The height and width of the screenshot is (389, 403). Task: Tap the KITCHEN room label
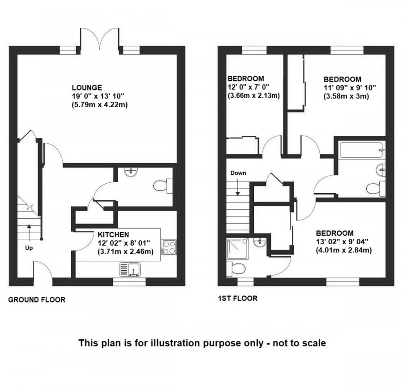[x=114, y=234]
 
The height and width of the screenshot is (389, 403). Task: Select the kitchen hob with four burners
[x=169, y=247]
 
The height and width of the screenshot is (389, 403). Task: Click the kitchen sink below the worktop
[x=130, y=269]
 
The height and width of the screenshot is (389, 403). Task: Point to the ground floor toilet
[x=162, y=186]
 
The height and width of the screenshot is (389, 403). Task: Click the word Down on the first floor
[x=238, y=173]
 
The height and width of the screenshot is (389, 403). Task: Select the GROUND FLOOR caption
[x=37, y=300]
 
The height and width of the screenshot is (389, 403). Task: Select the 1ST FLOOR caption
[x=237, y=298]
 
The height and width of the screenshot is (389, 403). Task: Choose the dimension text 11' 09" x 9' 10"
[x=350, y=88]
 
